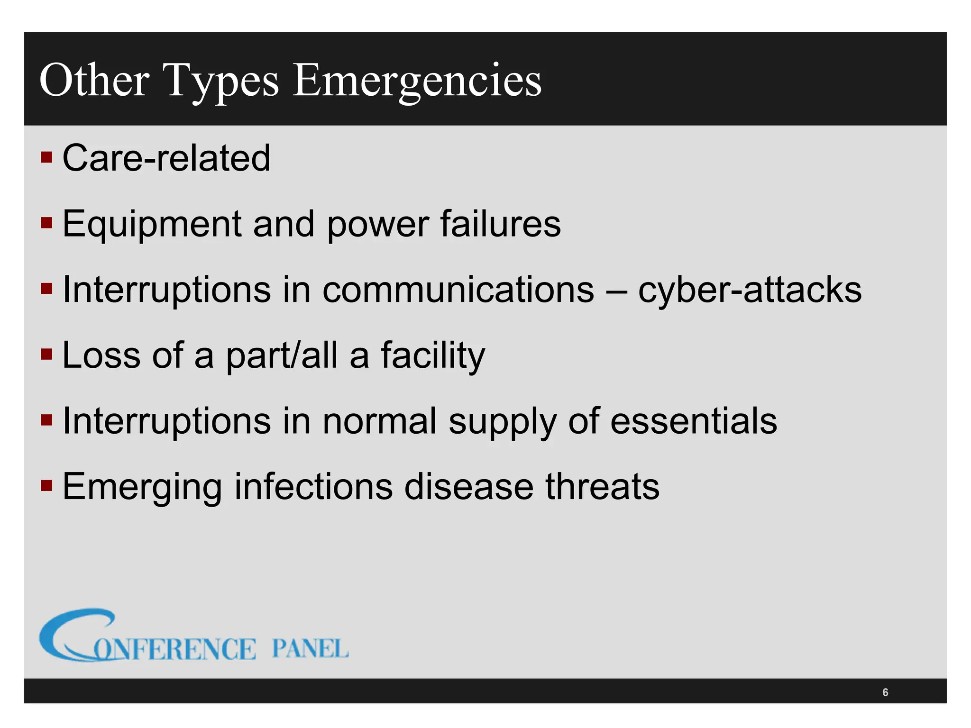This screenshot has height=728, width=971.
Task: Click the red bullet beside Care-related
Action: click(x=46, y=157)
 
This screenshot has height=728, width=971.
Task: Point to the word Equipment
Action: click(x=152, y=225)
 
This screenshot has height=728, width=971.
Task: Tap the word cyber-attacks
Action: click(x=750, y=290)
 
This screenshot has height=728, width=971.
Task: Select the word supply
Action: click(x=502, y=422)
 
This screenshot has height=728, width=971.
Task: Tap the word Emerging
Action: click(x=142, y=487)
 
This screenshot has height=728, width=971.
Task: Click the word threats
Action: click(x=602, y=486)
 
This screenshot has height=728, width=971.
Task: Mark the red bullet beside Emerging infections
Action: click(x=46, y=486)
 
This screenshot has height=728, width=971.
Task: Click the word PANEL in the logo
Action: click(x=310, y=648)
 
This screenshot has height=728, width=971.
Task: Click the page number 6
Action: click(x=885, y=692)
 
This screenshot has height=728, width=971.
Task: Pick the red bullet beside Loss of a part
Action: click(x=46, y=354)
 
